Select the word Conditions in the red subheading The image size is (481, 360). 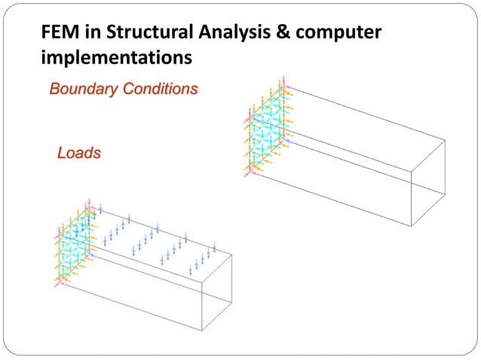click(158, 90)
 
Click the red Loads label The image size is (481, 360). click(79, 153)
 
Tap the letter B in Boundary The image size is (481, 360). click(54, 90)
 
